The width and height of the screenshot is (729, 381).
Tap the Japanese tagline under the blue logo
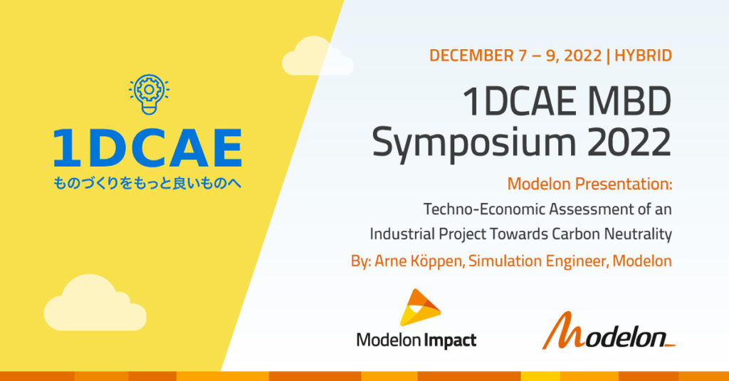[148, 184]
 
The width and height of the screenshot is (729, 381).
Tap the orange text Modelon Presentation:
[589, 184]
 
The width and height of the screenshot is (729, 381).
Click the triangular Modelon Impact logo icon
[419, 307]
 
